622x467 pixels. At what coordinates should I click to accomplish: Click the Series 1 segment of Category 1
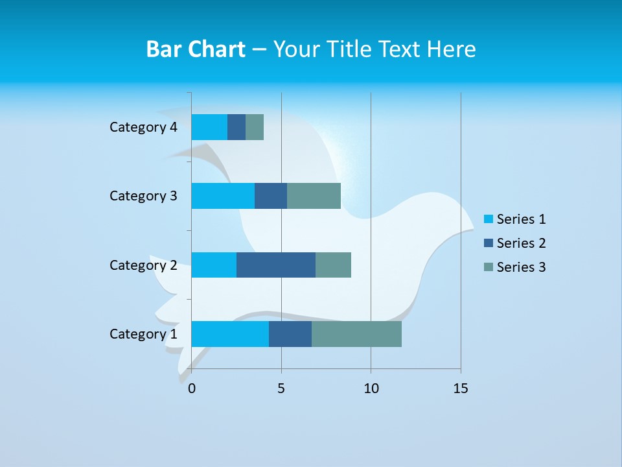pos(230,334)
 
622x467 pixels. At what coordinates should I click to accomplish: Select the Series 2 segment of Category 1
pos(290,334)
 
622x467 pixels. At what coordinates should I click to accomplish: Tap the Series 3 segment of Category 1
pos(356,334)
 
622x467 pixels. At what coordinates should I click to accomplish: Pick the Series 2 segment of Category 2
pos(276,265)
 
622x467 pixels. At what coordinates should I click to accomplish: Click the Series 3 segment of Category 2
pos(333,265)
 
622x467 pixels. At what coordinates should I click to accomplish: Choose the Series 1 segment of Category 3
pos(223,196)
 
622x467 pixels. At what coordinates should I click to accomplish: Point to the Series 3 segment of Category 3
pos(314,196)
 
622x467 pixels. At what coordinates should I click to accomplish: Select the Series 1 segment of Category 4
pos(209,127)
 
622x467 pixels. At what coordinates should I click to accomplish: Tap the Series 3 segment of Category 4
pos(255,127)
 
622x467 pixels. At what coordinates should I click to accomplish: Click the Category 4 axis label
pos(143,127)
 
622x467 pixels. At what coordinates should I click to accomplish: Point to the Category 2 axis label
pos(143,265)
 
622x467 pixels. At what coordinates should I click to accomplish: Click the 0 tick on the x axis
pos(192,389)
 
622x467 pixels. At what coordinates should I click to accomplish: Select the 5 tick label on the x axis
pos(281,389)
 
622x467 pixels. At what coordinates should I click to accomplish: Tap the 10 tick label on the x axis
pos(371,389)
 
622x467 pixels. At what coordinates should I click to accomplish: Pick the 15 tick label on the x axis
pos(461,389)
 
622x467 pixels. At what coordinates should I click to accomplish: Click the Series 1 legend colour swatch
pos(488,219)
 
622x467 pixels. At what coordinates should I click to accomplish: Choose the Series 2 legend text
pos(521,243)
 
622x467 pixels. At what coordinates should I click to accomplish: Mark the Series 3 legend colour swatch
pos(488,267)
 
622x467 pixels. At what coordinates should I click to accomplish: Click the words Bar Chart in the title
pos(196,49)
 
